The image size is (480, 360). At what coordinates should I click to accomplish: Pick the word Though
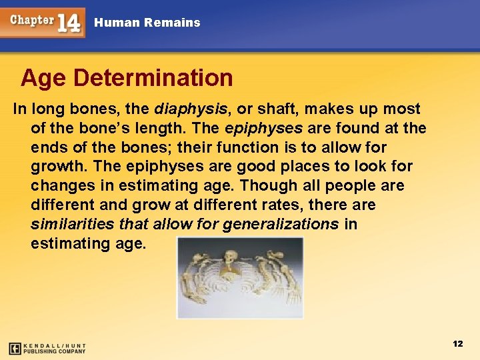click(x=274, y=185)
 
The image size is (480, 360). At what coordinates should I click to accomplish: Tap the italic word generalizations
click(x=281, y=224)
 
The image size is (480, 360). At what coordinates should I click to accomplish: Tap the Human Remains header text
click(x=147, y=23)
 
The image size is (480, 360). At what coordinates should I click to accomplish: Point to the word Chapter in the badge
click(x=31, y=20)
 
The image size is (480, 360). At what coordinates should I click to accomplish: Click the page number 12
click(x=457, y=343)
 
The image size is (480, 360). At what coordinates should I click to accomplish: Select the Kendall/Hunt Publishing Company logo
click(x=47, y=348)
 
